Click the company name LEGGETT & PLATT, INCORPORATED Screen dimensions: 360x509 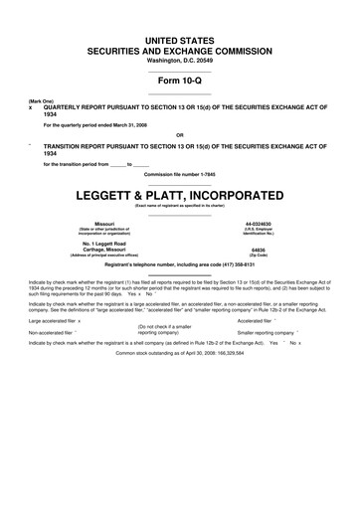(x=180, y=195)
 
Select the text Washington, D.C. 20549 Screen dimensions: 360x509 (x=180, y=62)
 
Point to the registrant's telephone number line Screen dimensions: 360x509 (x=180, y=265)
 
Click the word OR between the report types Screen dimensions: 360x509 (x=179, y=134)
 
